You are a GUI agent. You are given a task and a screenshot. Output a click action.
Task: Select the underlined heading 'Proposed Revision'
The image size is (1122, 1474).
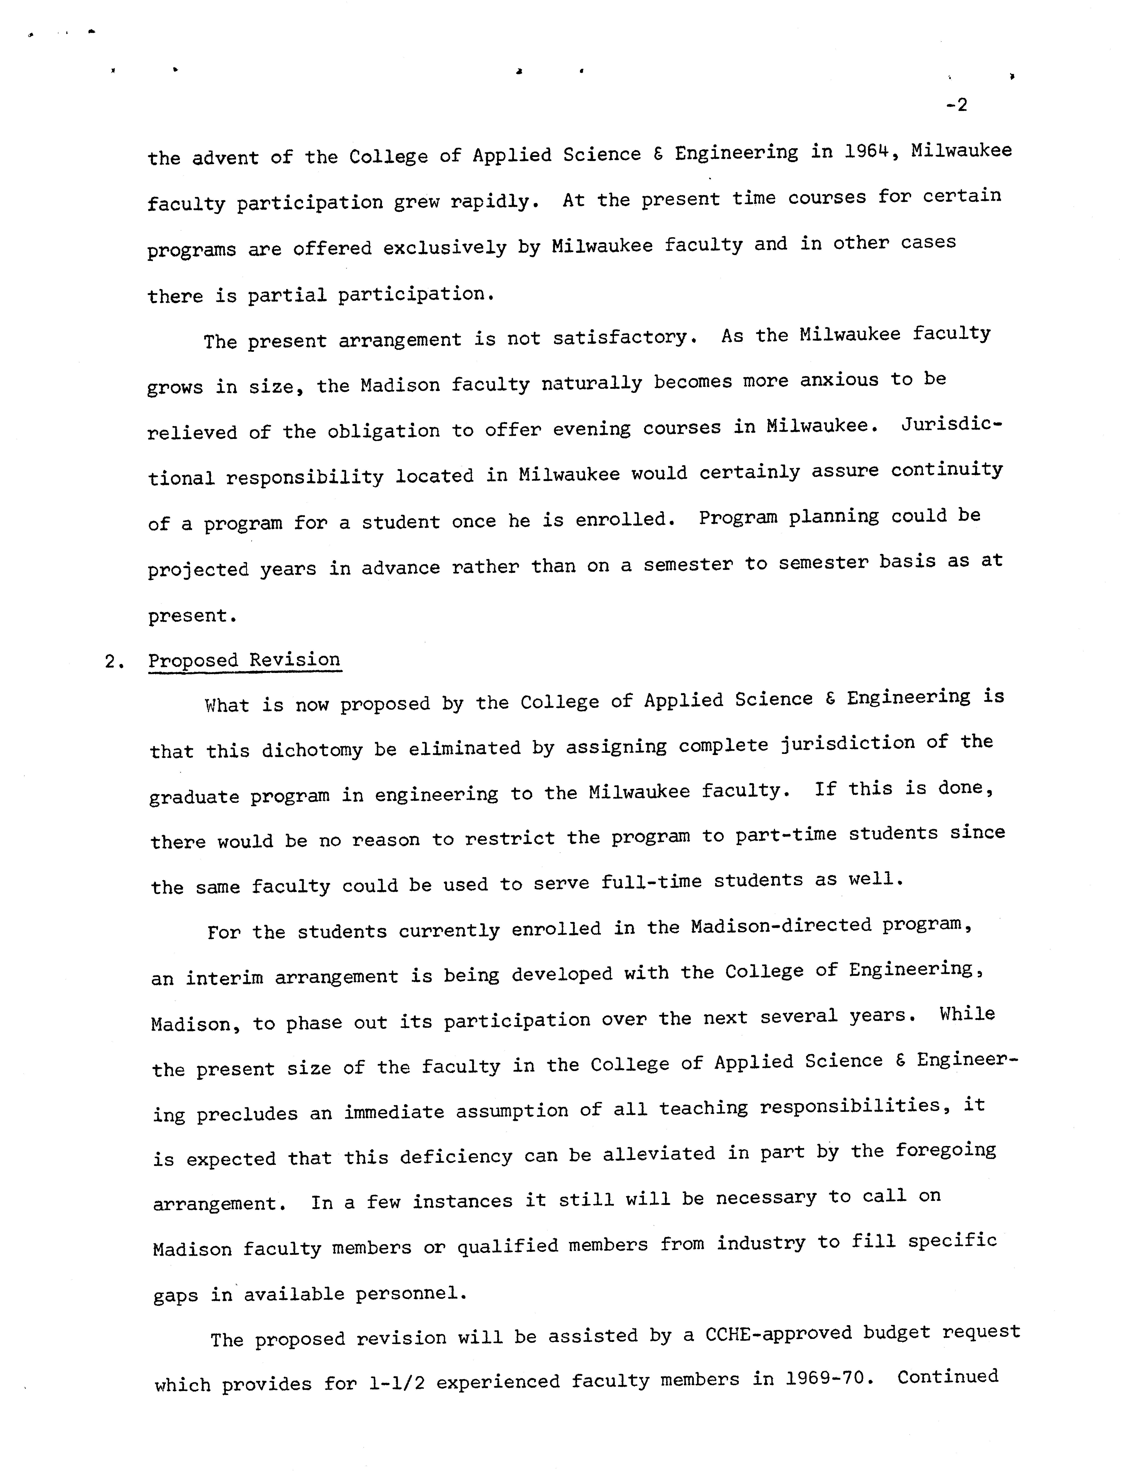tap(244, 660)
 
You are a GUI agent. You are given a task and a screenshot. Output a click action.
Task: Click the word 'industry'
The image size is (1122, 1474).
tap(761, 1243)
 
